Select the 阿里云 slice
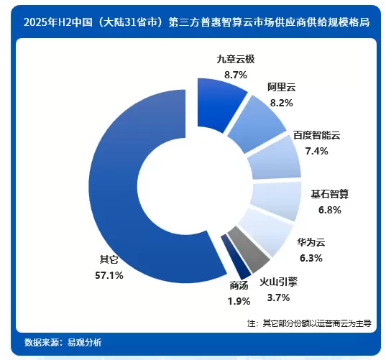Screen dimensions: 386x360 pyautogui.click(x=256, y=124)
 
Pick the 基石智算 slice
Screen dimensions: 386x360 pyautogui.click(x=277, y=200)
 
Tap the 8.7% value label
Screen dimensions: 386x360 pyautogui.click(x=236, y=75)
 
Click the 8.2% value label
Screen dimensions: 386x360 pyautogui.click(x=282, y=103)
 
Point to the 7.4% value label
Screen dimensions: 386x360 pyautogui.click(x=316, y=151)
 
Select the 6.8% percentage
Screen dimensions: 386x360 pyautogui.click(x=330, y=210)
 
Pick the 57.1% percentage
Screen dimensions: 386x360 pyautogui.click(x=109, y=275)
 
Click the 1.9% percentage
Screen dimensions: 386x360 pyautogui.click(x=239, y=301)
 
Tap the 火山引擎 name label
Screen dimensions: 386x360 pyautogui.click(x=278, y=282)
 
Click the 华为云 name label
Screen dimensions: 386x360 pyautogui.click(x=311, y=242)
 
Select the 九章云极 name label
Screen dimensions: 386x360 pyautogui.click(x=236, y=59)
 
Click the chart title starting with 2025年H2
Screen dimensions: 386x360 pyautogui.click(x=197, y=22)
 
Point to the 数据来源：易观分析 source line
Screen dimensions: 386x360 pyautogui.click(x=63, y=342)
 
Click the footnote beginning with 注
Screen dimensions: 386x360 pyautogui.click(x=309, y=323)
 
